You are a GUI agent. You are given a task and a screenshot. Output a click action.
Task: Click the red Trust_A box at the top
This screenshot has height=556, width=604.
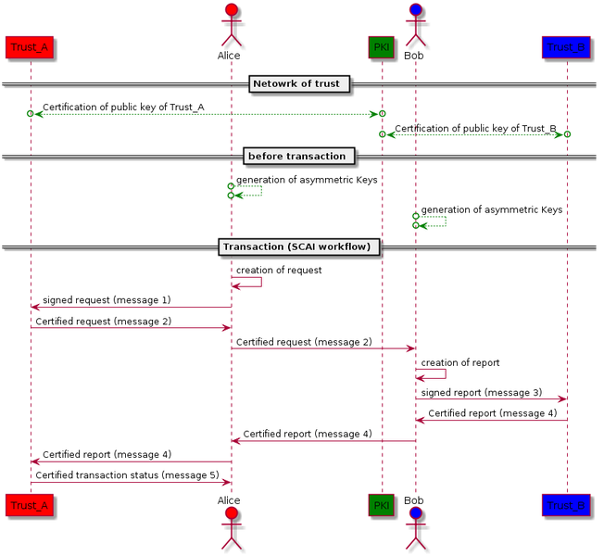pos(30,46)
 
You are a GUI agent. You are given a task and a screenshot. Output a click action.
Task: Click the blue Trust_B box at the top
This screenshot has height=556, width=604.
pos(566,46)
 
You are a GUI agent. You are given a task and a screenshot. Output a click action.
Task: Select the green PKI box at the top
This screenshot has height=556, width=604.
pos(381,46)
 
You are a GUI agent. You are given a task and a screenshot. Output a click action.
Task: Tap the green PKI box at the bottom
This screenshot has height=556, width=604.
pos(381,505)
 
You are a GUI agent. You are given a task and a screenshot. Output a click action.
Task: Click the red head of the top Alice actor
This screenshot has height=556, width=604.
pos(229,12)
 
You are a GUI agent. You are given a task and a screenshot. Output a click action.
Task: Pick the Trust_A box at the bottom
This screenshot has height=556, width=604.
pos(30,505)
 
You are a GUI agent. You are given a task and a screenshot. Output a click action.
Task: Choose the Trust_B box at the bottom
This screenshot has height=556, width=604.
pos(566,505)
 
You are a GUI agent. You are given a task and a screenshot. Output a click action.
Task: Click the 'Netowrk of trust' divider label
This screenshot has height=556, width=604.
pos(298,85)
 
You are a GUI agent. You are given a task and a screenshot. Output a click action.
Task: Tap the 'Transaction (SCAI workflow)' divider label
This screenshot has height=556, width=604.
pos(299,246)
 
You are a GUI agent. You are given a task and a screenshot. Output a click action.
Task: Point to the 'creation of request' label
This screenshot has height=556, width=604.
pos(279,271)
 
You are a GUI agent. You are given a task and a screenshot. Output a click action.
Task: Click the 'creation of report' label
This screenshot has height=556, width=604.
pos(460,362)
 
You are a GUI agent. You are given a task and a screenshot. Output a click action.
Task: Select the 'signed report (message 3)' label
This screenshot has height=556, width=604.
pos(482,393)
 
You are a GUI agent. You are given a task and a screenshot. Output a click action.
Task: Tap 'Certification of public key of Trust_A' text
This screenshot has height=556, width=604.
pos(123,107)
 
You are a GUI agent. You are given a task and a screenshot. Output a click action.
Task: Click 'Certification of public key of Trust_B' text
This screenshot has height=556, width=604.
pos(475,128)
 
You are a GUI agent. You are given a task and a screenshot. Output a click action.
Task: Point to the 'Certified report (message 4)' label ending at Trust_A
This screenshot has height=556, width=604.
pos(107,454)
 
